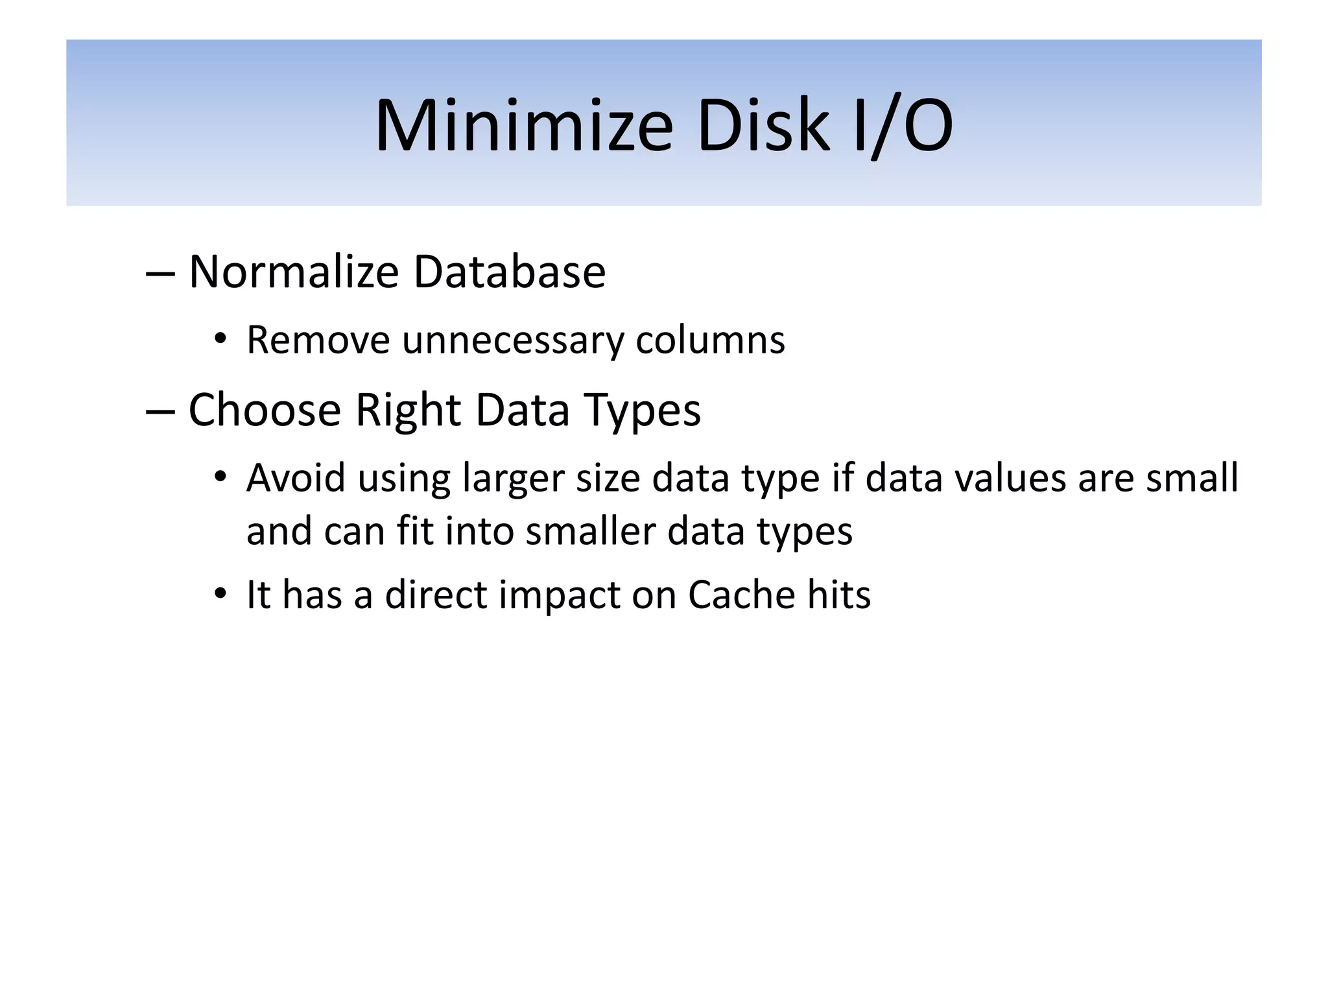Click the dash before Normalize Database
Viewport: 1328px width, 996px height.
coord(160,274)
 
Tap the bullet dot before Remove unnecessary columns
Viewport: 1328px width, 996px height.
coord(221,339)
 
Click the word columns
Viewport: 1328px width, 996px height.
coord(710,339)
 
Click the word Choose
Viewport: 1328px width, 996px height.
coord(265,410)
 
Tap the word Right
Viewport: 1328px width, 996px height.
coord(409,411)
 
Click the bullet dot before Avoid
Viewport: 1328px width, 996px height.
coord(221,478)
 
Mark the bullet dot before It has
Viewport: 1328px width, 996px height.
coord(221,594)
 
